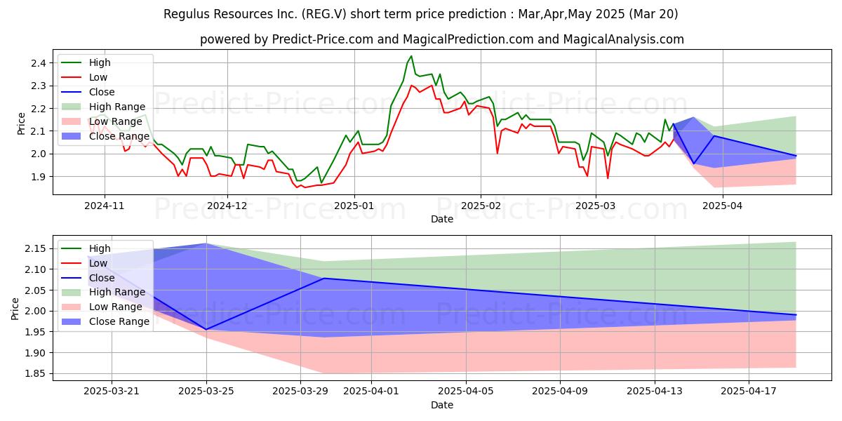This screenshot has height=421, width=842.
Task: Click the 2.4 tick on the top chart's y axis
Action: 39,63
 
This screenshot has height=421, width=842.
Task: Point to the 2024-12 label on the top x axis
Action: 227,206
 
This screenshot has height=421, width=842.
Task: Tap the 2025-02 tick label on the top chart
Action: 481,206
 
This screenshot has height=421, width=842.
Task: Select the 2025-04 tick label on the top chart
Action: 722,206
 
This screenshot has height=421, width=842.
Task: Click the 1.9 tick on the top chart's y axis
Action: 39,177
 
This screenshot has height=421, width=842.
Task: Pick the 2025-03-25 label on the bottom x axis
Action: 206,392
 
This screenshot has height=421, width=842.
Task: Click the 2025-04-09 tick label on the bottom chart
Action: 560,392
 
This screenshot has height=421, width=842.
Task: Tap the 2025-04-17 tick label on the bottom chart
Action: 749,392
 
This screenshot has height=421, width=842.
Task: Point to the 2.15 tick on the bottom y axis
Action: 36,249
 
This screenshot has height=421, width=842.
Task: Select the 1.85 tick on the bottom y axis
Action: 36,373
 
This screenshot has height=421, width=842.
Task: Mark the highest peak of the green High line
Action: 411,56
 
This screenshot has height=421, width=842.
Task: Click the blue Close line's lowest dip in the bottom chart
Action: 206,330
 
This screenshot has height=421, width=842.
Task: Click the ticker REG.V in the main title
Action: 326,14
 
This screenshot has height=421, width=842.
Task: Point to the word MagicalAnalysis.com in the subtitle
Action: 623,39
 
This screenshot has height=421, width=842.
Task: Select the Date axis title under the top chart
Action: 442,219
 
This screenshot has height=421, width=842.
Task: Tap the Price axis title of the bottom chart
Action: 15,309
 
